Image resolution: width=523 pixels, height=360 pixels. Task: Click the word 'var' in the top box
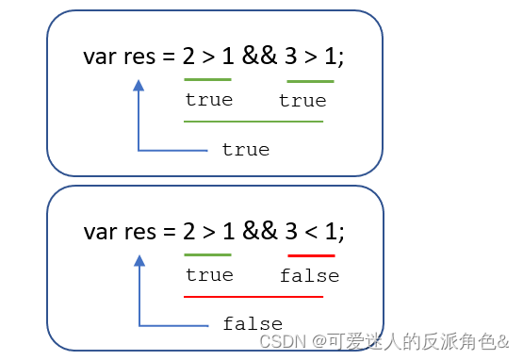tap(100, 57)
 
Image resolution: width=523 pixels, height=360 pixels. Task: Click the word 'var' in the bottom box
tap(100, 231)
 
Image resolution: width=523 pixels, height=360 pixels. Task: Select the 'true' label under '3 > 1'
tap(302, 101)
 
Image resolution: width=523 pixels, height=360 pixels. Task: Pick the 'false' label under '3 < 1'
tap(309, 276)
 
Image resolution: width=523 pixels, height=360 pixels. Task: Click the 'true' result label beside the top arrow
tap(245, 150)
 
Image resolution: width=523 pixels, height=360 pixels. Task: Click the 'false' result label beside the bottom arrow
tap(253, 324)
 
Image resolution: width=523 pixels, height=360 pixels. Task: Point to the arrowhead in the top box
tap(139, 86)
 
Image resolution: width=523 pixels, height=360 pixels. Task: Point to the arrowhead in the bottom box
tap(139, 260)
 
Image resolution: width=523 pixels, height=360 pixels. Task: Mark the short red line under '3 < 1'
tap(311, 255)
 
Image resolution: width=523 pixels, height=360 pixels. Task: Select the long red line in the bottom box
tap(253, 297)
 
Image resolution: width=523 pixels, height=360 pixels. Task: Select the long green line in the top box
tap(253, 122)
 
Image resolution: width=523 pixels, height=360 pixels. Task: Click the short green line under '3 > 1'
tap(310, 81)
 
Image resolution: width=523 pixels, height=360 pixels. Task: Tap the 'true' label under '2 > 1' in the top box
tap(208, 100)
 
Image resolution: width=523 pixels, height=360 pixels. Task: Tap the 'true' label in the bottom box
tap(208, 275)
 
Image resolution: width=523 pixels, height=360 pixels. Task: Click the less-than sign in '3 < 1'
tap(311, 231)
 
